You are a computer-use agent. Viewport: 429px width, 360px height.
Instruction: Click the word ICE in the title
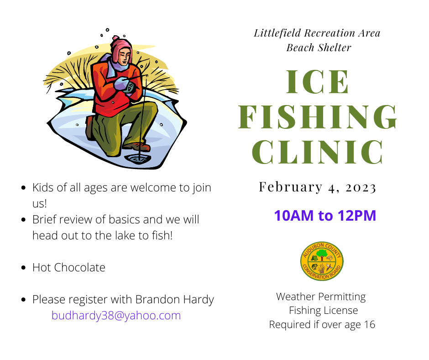(317, 82)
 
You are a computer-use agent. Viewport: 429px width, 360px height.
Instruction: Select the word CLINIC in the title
(317, 152)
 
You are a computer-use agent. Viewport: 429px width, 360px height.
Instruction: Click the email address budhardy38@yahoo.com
(116, 316)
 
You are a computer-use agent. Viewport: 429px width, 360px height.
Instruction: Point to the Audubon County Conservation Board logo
(322, 261)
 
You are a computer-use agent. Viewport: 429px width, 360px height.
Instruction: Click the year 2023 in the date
(361, 188)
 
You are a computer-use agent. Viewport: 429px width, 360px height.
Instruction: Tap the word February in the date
(291, 187)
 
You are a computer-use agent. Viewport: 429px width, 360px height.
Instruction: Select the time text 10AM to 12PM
(325, 215)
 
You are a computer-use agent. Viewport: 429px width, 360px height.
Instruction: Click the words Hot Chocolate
(68, 268)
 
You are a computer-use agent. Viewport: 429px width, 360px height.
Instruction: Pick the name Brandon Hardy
(174, 300)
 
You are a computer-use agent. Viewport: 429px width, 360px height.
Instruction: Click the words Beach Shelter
(319, 48)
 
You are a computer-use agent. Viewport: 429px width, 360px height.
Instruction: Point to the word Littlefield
(277, 33)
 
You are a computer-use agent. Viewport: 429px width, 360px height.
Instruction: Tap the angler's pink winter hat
(121, 48)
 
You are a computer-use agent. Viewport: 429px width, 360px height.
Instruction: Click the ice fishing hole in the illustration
(138, 159)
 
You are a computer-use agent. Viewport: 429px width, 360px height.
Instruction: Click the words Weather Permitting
(321, 297)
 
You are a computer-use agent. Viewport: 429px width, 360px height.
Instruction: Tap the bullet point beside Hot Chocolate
(24, 268)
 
